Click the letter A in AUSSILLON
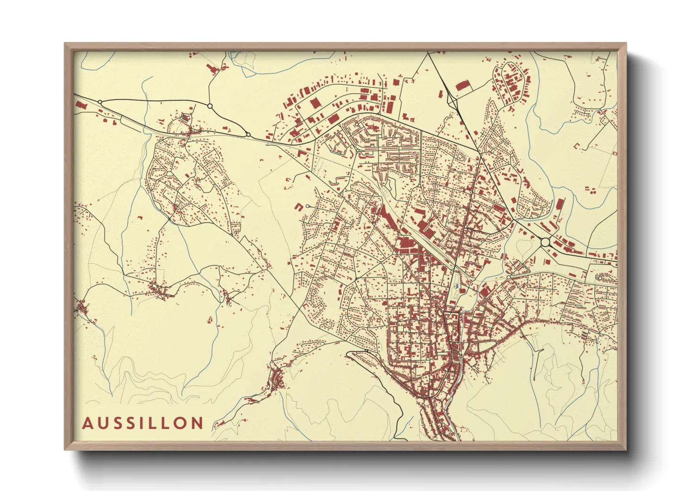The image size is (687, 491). tap(87, 423)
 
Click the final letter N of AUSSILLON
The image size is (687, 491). tap(198, 423)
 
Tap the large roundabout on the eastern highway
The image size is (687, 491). tap(545, 242)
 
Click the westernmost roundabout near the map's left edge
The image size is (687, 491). tap(100, 102)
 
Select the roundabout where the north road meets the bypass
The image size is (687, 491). tap(210, 106)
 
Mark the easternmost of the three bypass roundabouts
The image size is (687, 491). tap(248, 135)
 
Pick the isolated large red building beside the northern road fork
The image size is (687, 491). tap(461, 86)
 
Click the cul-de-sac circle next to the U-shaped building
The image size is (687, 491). tap(308, 206)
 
